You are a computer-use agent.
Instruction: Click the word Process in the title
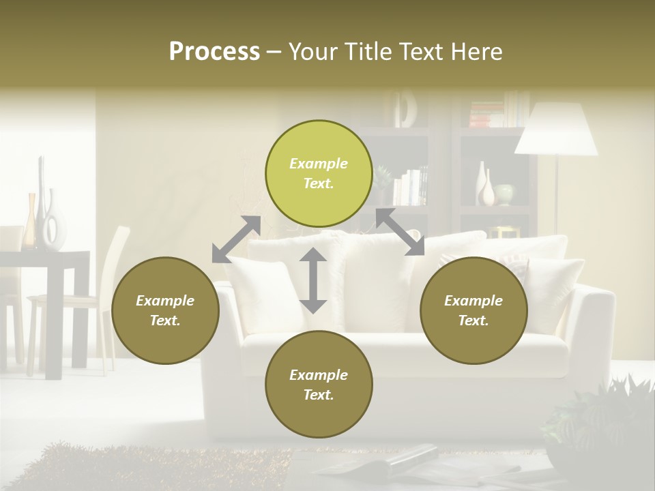point(214,52)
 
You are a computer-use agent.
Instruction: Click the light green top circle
point(319,173)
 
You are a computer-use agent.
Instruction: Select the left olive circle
point(165,310)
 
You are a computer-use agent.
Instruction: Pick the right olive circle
point(474,310)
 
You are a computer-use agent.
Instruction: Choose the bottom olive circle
point(319,385)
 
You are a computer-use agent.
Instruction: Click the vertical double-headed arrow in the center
point(313,280)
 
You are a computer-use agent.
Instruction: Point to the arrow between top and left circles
point(236,239)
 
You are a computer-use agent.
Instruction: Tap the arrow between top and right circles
point(400,232)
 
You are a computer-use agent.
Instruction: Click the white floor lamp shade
point(555,130)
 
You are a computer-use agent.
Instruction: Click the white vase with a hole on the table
point(54,222)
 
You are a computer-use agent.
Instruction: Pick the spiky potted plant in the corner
point(600,423)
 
